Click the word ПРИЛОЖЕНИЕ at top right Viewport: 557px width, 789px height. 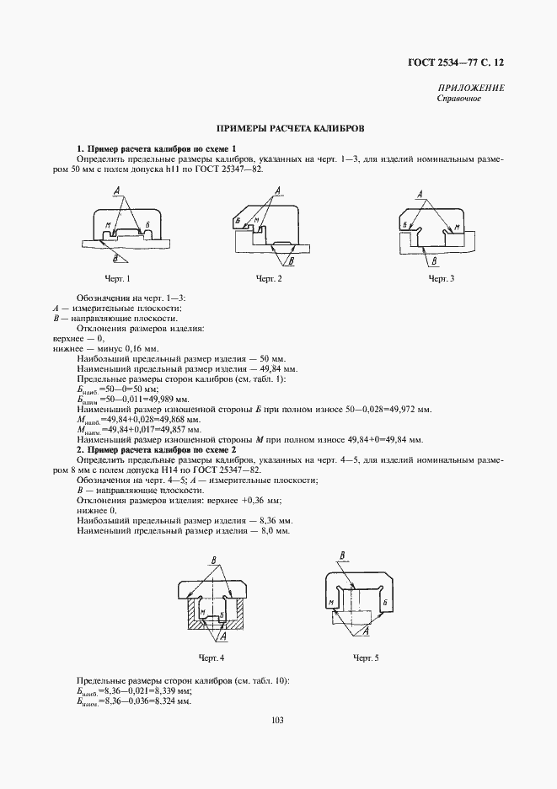click(471, 89)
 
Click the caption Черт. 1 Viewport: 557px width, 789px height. click(117, 277)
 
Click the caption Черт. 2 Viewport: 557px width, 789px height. click(270, 277)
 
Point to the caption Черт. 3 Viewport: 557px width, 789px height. click(442, 277)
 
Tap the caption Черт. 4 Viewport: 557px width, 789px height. click(212, 657)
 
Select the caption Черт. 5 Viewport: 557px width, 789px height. click(366, 657)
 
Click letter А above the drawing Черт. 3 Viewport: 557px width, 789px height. click(422, 193)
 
